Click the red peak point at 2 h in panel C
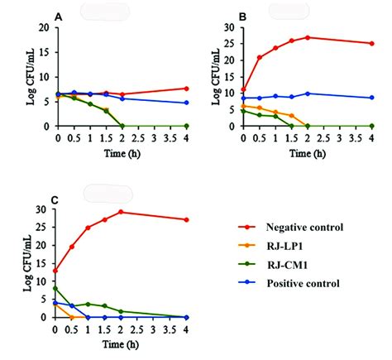(122, 212)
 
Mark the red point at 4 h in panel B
(371, 43)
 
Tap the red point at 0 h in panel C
(55, 271)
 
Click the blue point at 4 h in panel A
(186, 103)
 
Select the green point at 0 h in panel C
(55, 288)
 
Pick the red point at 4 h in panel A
(186, 88)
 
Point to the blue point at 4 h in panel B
(371, 98)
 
